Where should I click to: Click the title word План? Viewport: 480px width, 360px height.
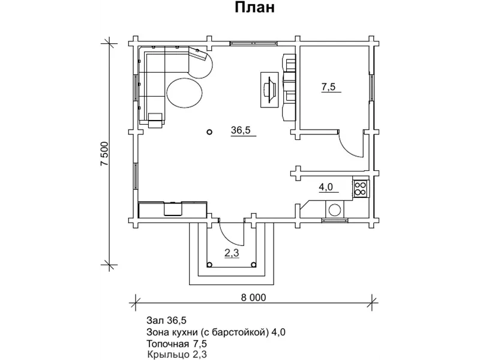point(254,8)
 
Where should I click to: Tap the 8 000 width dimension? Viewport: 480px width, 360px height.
point(253,297)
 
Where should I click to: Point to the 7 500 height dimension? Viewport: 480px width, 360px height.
point(104,154)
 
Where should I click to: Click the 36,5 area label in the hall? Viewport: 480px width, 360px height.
point(241,130)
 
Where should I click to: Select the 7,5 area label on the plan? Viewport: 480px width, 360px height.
point(328,87)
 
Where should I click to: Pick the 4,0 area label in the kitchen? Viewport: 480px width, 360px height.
point(326,187)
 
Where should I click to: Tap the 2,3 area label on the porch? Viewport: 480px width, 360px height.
point(232,253)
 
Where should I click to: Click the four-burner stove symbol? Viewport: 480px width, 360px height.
point(361,188)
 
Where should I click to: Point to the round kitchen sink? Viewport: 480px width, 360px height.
point(335,211)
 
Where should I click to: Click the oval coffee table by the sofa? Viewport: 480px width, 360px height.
point(184,93)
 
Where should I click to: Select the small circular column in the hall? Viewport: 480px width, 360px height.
point(209,132)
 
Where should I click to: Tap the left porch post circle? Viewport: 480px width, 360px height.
point(209,265)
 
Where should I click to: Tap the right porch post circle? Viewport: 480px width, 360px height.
point(253,265)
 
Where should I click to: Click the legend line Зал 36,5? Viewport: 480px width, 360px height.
point(166,320)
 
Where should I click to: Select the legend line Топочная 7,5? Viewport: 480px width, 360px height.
point(176,343)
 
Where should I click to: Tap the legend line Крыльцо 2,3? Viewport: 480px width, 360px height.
point(177,355)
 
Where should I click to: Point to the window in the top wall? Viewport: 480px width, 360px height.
point(254,43)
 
